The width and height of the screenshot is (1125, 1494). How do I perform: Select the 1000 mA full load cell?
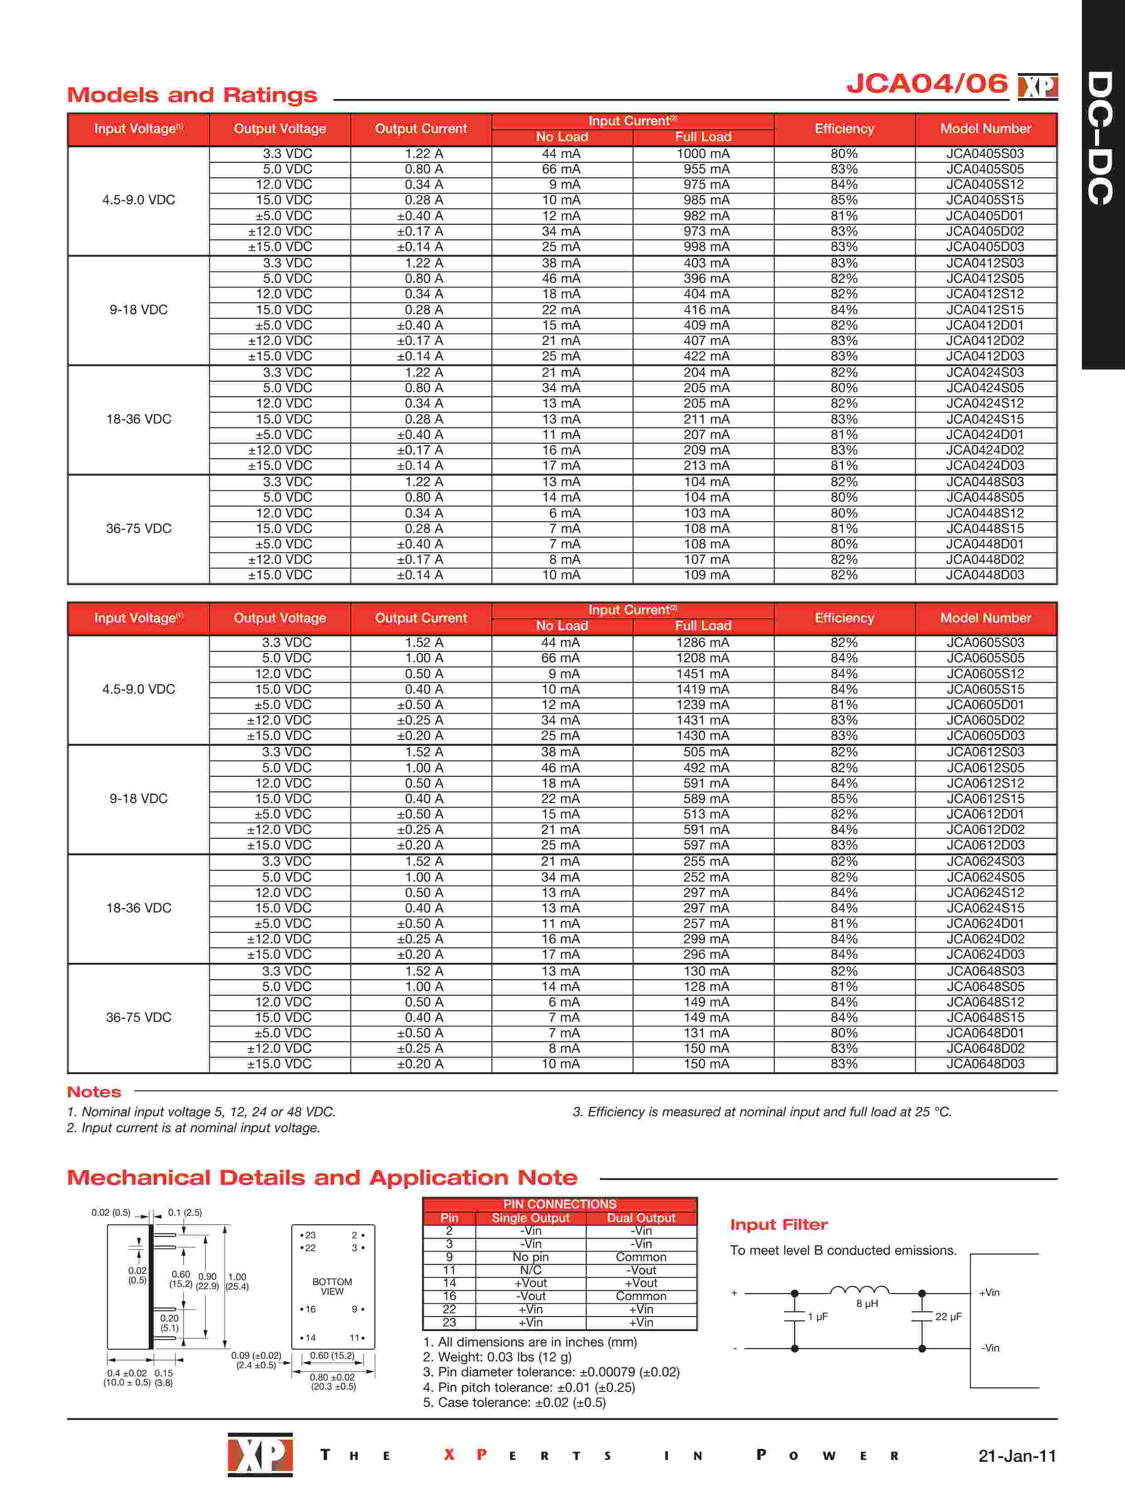703,154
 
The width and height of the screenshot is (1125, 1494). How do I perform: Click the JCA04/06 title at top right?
927,84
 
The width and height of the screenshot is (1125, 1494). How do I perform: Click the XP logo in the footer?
260,1454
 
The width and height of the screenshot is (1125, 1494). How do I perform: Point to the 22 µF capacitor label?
948,1317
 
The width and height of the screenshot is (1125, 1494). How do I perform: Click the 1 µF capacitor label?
818,1317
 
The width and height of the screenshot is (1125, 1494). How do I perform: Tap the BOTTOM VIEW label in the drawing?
332,1287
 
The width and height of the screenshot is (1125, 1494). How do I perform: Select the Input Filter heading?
779,1224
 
